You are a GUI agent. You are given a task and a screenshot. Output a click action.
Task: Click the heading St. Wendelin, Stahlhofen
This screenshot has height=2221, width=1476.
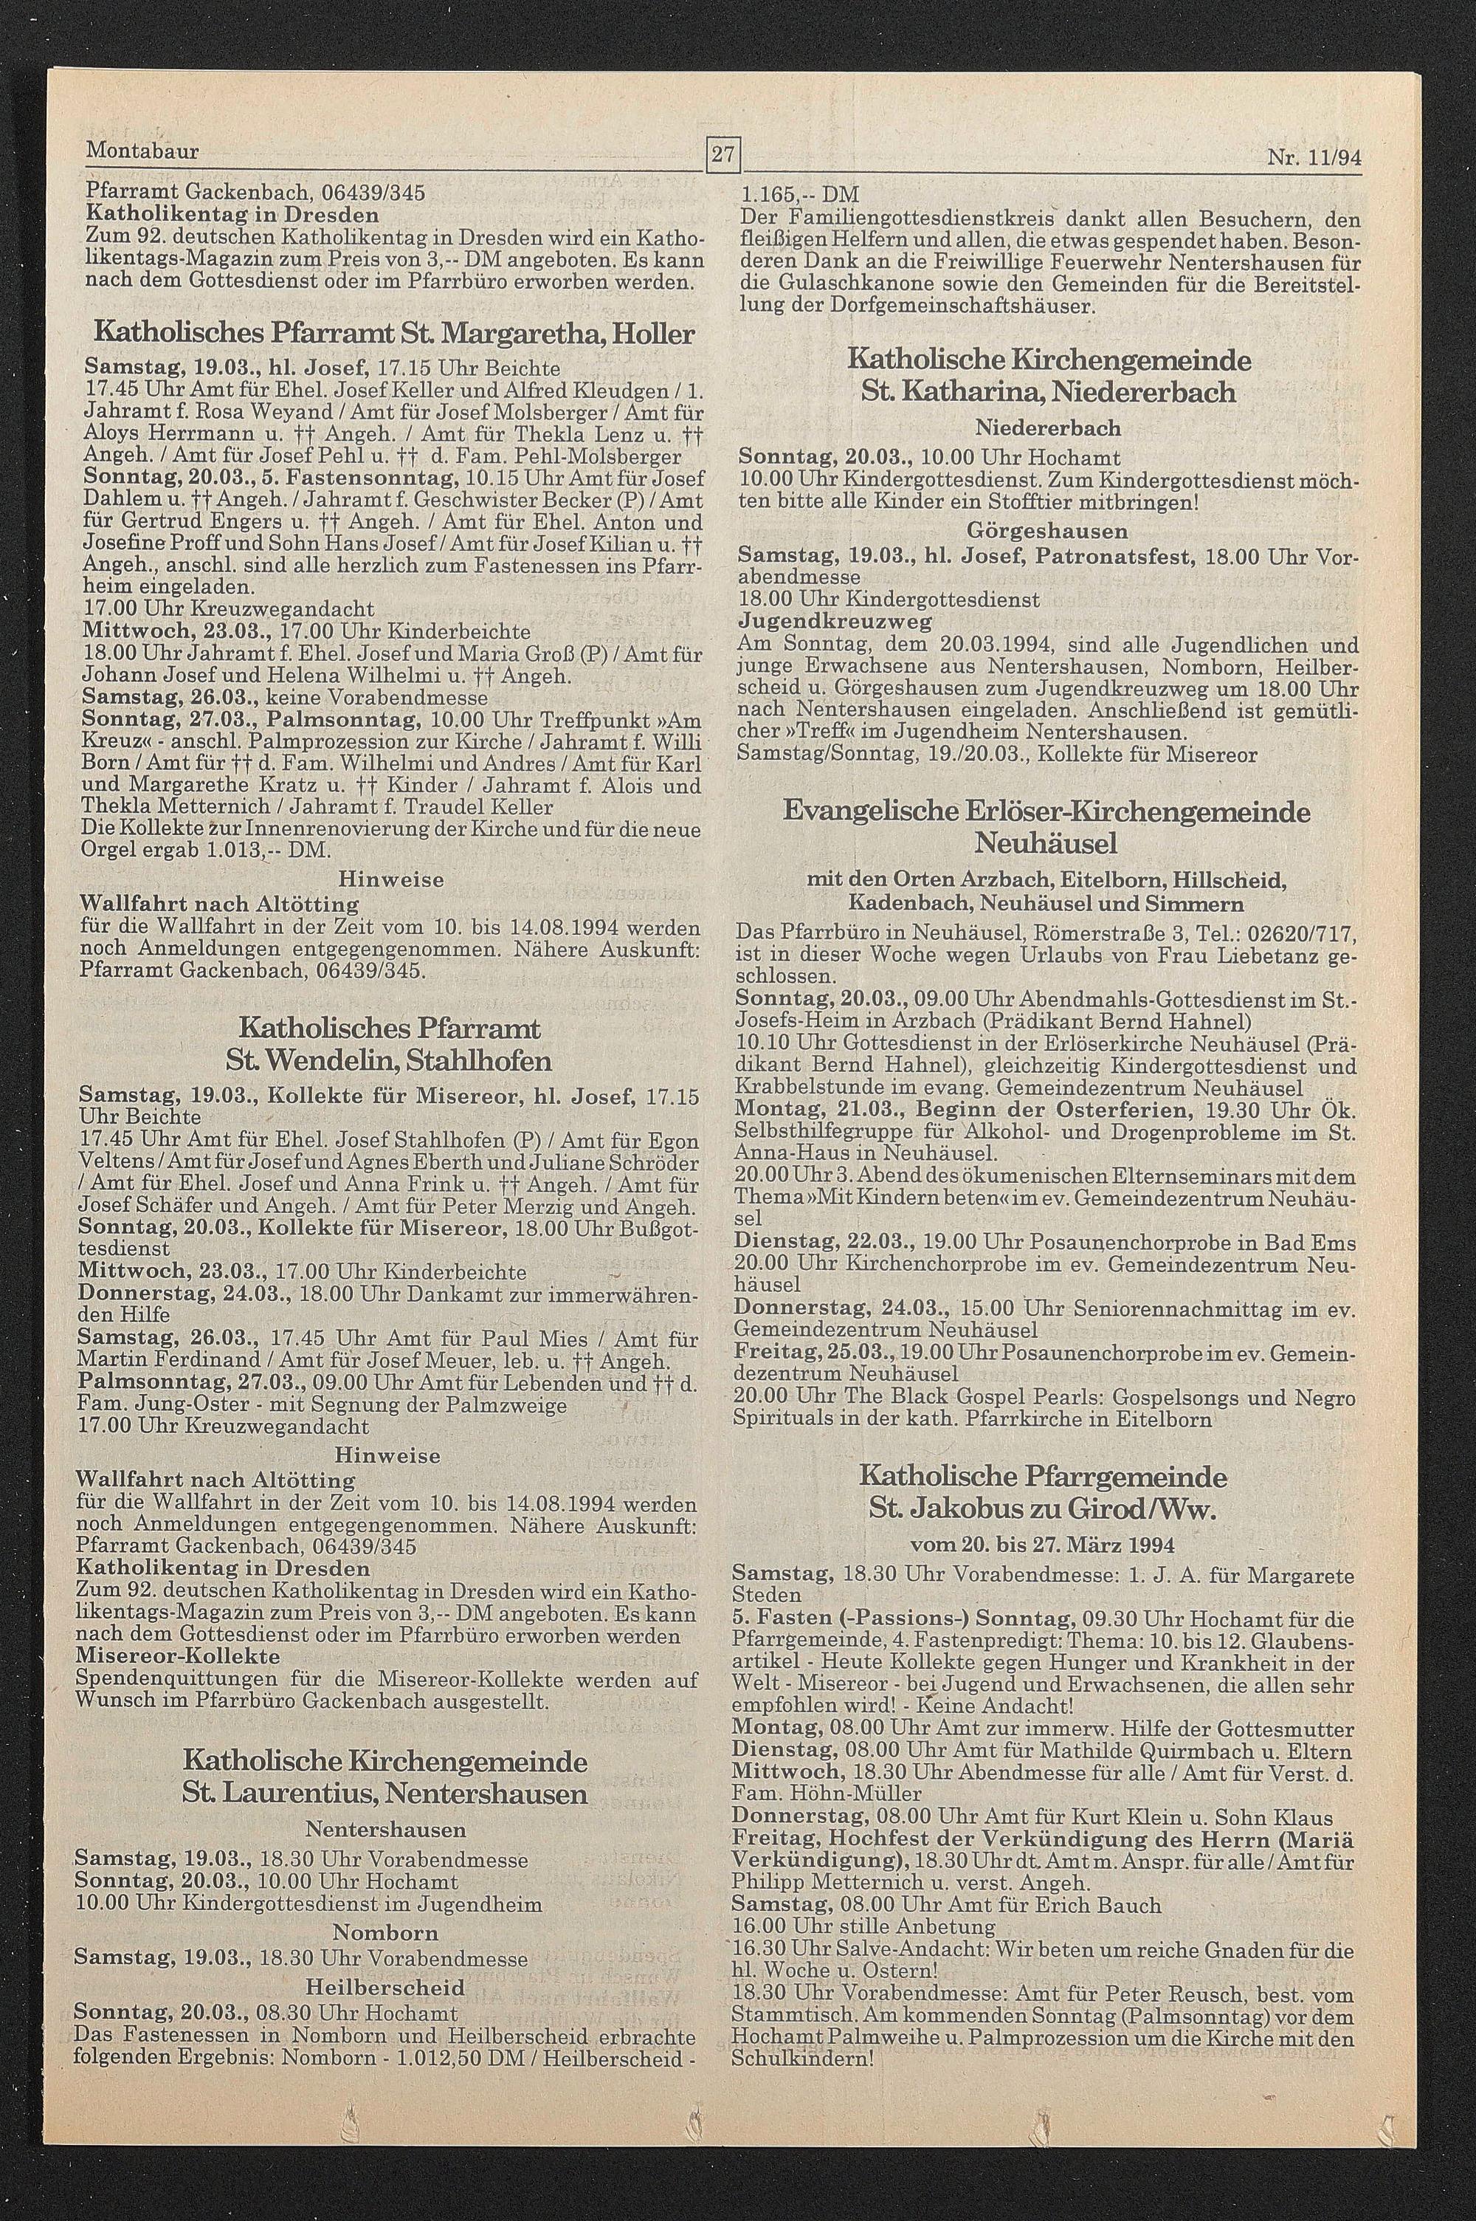point(389,1062)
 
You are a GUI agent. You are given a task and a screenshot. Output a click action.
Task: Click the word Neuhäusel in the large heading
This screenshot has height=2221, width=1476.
point(1048,839)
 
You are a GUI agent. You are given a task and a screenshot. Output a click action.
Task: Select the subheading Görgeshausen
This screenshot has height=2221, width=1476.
point(1046,531)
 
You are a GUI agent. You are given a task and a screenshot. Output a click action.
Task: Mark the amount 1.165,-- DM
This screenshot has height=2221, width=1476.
point(800,195)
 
